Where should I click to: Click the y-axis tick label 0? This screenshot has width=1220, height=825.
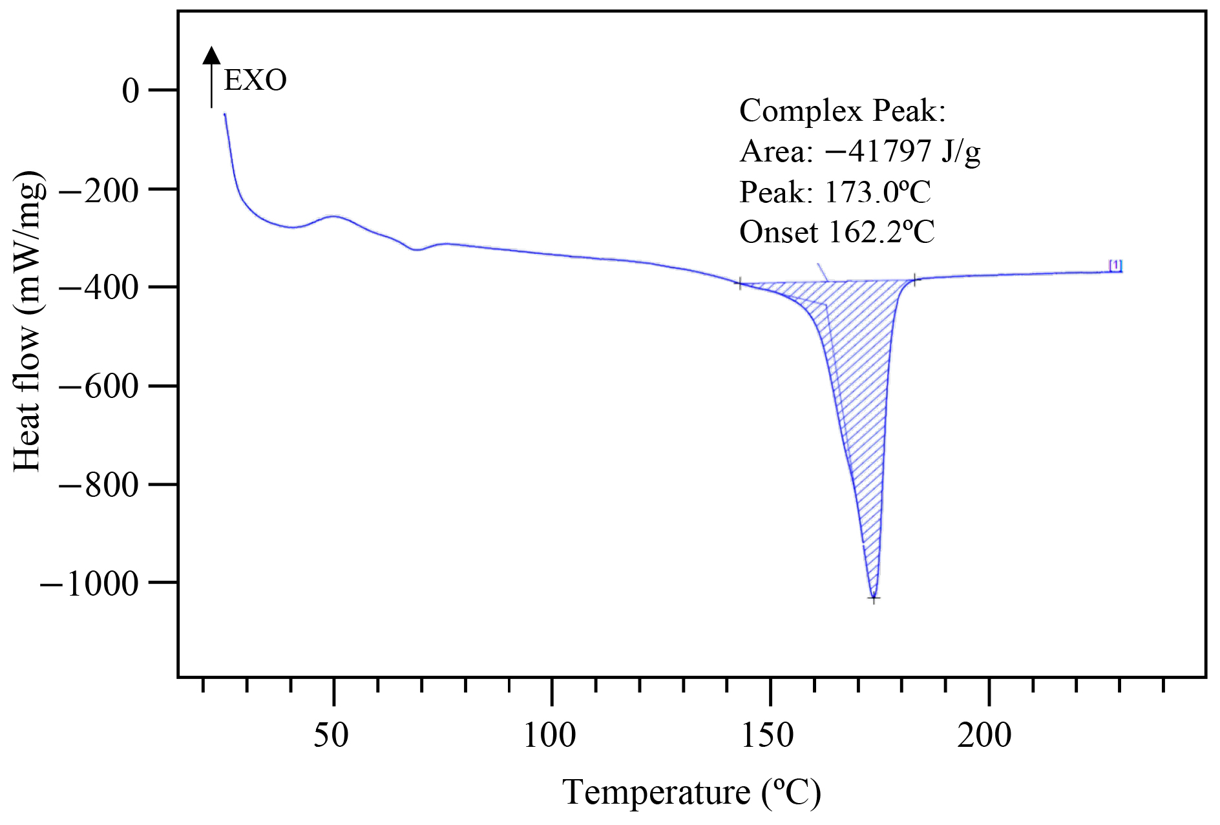pos(131,91)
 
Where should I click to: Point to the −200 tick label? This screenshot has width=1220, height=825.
pos(99,191)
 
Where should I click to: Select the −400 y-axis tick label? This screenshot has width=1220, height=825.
pos(99,288)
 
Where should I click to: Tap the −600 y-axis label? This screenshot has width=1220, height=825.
pos(99,387)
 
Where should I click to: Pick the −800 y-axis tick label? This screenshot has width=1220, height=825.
pos(99,485)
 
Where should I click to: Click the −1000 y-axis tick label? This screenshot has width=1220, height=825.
pos(89,584)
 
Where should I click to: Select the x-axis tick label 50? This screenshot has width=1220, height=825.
pos(331,735)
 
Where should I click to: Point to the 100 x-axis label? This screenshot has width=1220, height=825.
pos(550,735)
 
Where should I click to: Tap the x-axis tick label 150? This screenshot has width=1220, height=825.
pos(768,735)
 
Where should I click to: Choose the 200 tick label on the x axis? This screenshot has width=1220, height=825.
pos(985,735)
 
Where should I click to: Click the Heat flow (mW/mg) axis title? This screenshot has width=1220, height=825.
pos(29,321)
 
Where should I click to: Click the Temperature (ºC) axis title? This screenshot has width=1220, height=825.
pos(691,792)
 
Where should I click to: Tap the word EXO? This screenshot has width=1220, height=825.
pos(255,81)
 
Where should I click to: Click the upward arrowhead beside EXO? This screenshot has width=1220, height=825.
pos(211,56)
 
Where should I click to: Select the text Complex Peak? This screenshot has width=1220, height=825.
pos(842,111)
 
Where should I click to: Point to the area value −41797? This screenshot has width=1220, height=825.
pos(878,151)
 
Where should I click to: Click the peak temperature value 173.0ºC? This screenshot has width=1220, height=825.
pos(878,192)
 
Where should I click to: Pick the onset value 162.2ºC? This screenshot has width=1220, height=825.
pos(881,232)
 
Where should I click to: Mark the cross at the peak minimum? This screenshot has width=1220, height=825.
pos(874,598)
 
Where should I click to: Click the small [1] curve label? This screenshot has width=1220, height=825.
pos(1115,265)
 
